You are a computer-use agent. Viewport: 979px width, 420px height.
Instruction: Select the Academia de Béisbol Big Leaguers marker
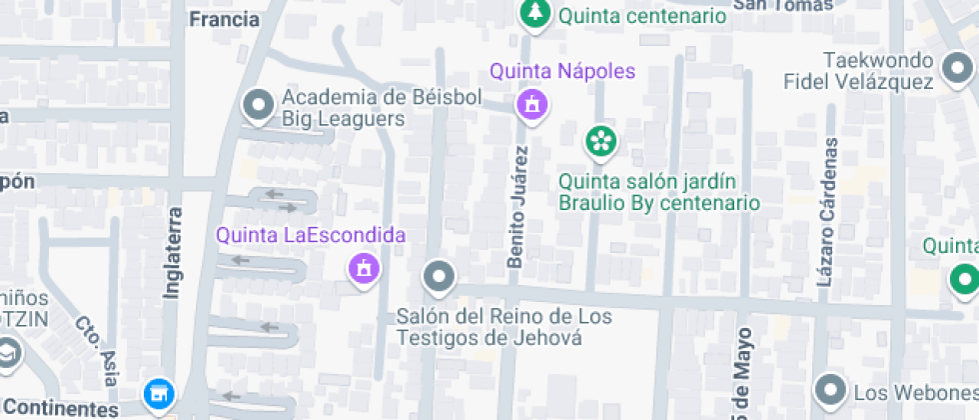click(260, 104)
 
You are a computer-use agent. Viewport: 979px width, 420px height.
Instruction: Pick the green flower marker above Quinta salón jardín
click(599, 141)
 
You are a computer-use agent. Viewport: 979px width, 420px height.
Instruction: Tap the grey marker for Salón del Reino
click(438, 275)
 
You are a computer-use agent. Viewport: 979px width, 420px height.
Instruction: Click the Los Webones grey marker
click(829, 388)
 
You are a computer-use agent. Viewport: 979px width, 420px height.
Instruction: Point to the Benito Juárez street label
click(516, 206)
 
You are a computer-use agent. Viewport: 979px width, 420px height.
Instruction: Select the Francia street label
click(224, 19)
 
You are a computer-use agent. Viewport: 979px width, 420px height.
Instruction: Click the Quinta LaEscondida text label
click(312, 236)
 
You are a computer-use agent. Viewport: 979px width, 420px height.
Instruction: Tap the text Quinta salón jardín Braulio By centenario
click(658, 192)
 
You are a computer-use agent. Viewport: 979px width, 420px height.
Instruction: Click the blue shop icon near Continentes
click(157, 393)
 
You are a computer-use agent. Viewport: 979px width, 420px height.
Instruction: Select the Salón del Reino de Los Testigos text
click(503, 327)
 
